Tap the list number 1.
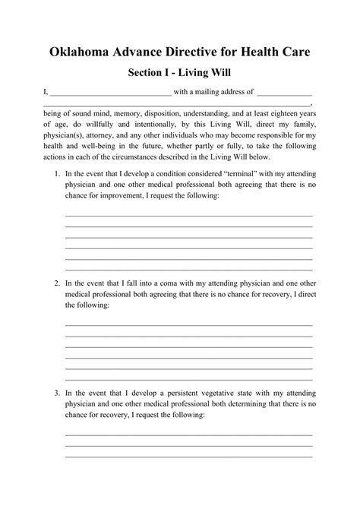(57, 175)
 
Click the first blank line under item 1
(189, 217)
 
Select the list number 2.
(57, 283)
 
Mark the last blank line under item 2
(189, 378)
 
